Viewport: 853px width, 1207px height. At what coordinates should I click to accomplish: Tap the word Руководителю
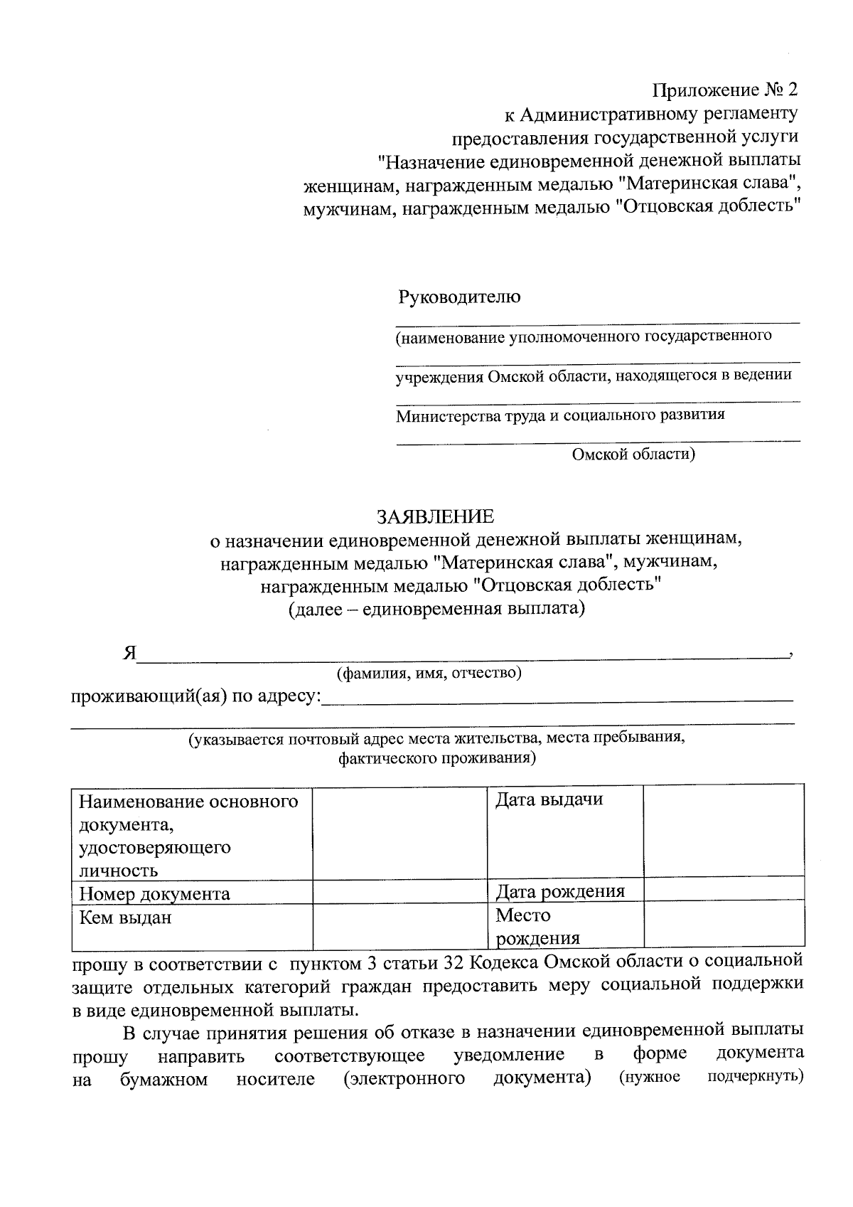(x=458, y=297)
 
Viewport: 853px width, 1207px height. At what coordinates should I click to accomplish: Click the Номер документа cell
(x=154, y=893)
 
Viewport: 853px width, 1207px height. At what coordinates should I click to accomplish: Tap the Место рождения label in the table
(x=537, y=926)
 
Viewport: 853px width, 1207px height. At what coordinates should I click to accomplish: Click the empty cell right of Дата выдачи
(x=723, y=832)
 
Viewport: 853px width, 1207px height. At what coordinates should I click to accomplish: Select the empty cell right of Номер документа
(x=399, y=893)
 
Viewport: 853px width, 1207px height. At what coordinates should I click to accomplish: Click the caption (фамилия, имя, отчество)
(x=429, y=673)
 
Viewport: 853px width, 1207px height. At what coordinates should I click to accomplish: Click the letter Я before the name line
(x=128, y=654)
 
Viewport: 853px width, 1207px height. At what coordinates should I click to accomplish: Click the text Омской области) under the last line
(x=633, y=454)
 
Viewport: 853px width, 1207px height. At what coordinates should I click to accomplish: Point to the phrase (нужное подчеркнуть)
(x=711, y=1077)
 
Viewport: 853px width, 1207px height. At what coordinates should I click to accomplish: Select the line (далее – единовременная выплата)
(x=436, y=609)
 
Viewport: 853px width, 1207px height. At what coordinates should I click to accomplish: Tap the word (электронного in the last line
(x=403, y=1079)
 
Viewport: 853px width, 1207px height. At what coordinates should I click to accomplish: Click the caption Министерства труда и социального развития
(x=560, y=415)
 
